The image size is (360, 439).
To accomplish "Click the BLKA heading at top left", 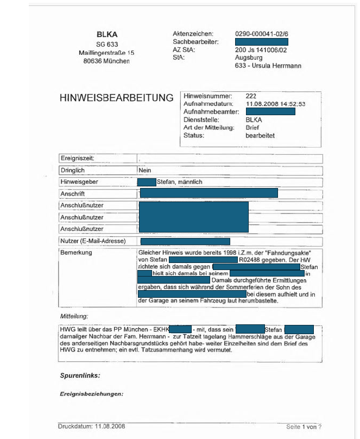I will pos(107,34).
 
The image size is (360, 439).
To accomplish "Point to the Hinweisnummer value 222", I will pos(251,96).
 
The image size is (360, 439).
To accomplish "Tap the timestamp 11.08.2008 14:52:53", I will pos(275,103).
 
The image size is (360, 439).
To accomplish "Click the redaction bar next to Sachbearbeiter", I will pos(261,42).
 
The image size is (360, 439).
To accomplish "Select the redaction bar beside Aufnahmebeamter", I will pos(270,111).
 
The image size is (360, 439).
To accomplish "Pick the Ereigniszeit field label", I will pos(78,158).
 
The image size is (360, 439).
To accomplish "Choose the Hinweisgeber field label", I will pos(79,182).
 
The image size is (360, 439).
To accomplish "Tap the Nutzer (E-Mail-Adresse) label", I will pos(93,241).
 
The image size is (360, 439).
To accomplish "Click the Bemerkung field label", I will pos(77,253).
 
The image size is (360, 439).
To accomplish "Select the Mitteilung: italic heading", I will pos(73,316).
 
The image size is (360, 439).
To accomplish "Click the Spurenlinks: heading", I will pos(80,375).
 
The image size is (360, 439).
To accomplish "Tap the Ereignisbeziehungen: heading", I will pos(91,394).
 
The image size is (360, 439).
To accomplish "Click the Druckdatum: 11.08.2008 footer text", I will pos(91,425).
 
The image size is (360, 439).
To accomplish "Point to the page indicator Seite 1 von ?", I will pos(304,427).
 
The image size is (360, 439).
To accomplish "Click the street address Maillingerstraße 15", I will pos(106,53).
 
